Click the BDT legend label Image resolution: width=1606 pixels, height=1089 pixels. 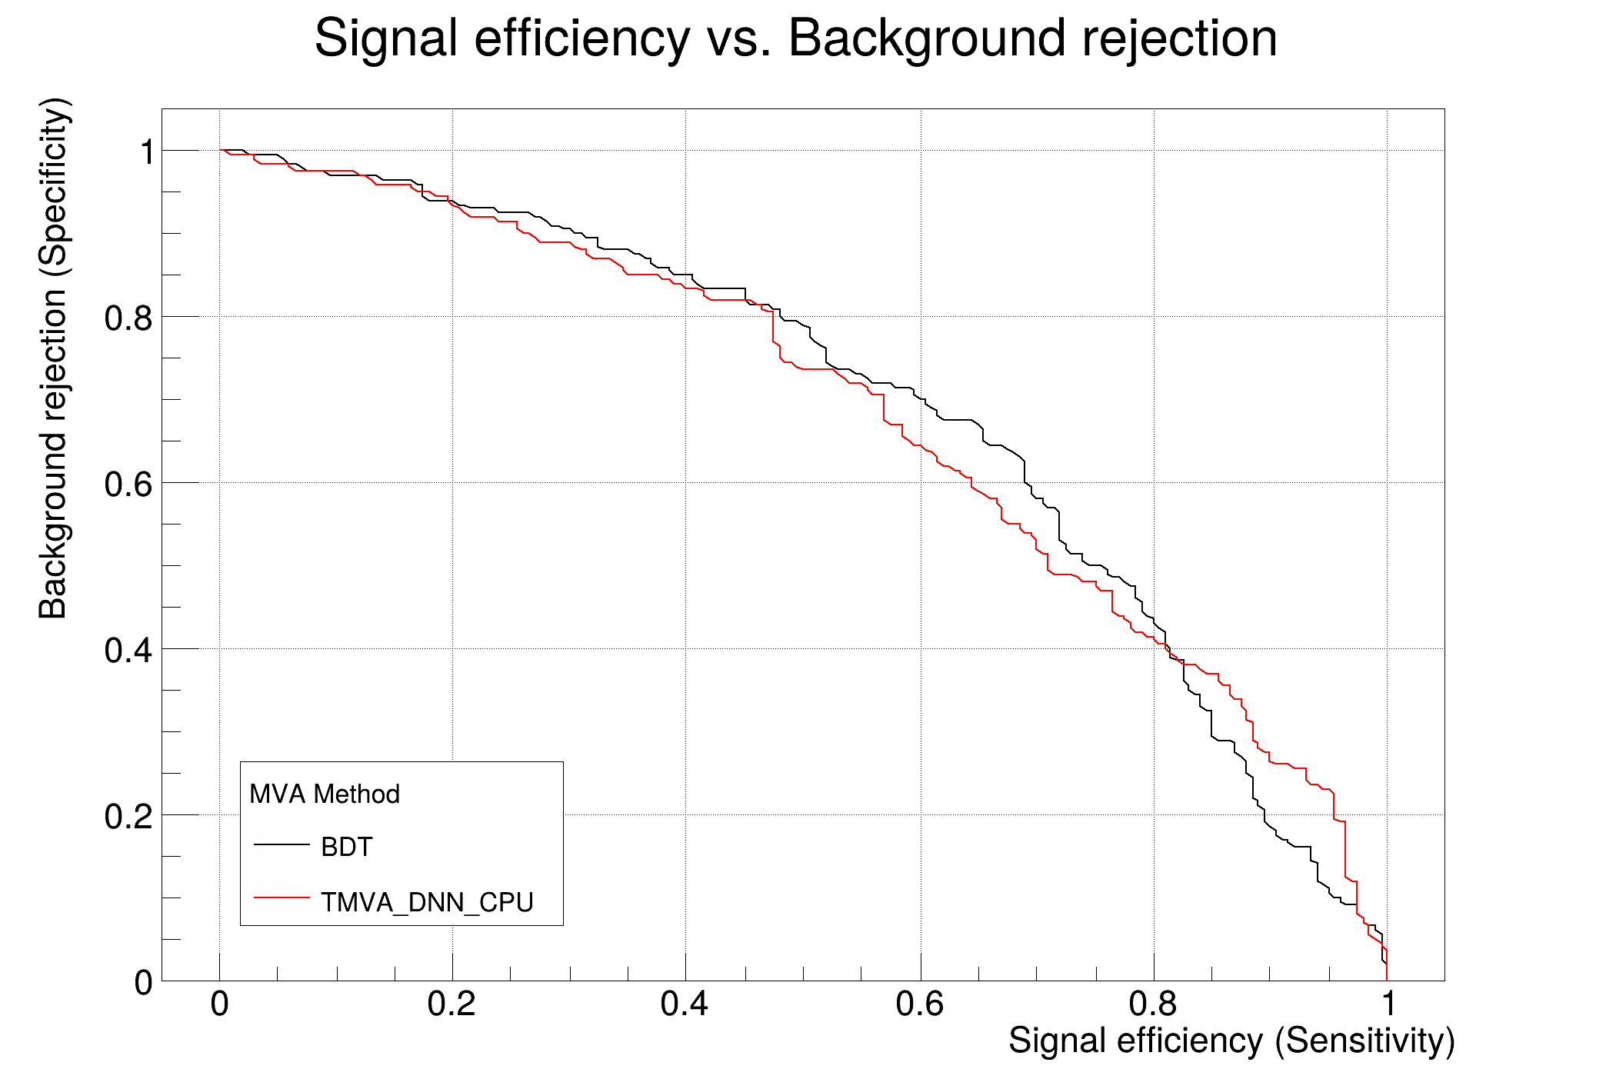(346, 847)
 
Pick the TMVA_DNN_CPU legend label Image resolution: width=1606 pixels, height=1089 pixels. (427, 902)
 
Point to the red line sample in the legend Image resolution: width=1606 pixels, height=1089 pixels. (282, 898)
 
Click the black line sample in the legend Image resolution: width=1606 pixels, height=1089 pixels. (282, 844)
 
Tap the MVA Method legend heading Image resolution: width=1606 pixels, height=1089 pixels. (325, 794)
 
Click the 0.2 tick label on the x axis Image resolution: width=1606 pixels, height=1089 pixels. (451, 1004)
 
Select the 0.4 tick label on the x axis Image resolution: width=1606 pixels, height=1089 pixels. (685, 1004)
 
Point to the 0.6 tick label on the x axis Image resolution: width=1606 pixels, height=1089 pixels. (919, 1004)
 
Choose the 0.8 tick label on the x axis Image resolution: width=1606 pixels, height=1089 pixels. (1153, 1004)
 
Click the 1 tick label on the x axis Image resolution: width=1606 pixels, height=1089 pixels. (1388, 1004)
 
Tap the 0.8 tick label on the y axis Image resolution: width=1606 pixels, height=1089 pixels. (128, 318)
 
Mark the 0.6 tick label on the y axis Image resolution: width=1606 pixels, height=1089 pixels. (128, 485)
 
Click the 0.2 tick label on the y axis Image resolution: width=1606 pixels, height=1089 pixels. (128, 816)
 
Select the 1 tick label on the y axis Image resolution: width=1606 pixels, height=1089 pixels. (146, 152)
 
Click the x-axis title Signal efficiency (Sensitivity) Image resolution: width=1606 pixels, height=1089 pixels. (1231, 1041)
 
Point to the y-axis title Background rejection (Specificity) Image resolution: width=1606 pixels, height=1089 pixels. (53, 358)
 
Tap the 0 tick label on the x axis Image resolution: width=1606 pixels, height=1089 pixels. (220, 1004)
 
